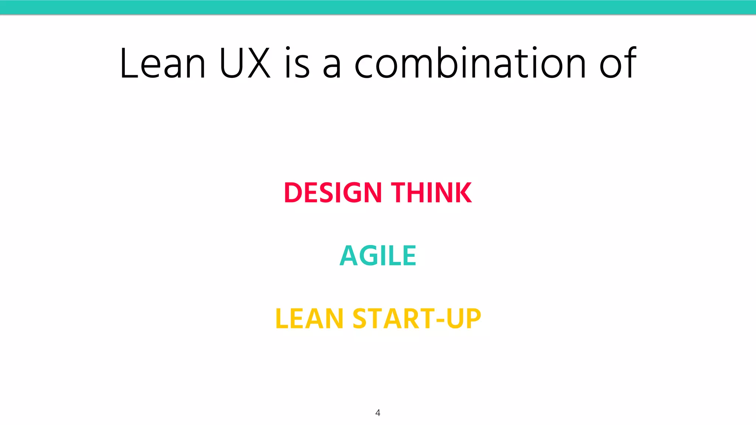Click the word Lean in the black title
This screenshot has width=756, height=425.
[x=162, y=63]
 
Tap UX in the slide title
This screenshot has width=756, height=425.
[x=245, y=63]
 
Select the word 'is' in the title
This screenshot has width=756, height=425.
[x=297, y=63]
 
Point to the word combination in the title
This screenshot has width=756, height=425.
[x=470, y=63]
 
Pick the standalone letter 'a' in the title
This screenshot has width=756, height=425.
[x=331, y=66]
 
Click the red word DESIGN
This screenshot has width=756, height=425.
[x=333, y=193]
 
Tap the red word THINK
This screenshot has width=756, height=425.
[x=431, y=193]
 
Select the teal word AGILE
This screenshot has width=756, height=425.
[x=378, y=256]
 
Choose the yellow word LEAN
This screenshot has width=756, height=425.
[x=309, y=319]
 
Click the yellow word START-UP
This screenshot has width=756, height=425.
[x=417, y=319]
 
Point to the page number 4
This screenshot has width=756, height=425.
[x=378, y=412]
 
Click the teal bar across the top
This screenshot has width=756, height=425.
[x=378, y=7]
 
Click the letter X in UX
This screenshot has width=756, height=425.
[x=259, y=63]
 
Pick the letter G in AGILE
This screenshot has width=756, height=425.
[x=370, y=256]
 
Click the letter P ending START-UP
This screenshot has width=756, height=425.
[x=473, y=319]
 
